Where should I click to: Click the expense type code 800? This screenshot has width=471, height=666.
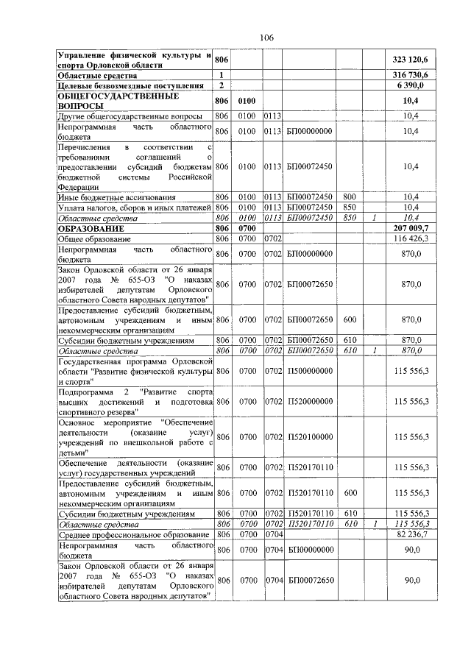[350, 197]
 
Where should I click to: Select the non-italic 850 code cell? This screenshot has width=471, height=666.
[350, 208]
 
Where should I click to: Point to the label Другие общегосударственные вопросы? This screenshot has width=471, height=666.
[130, 116]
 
